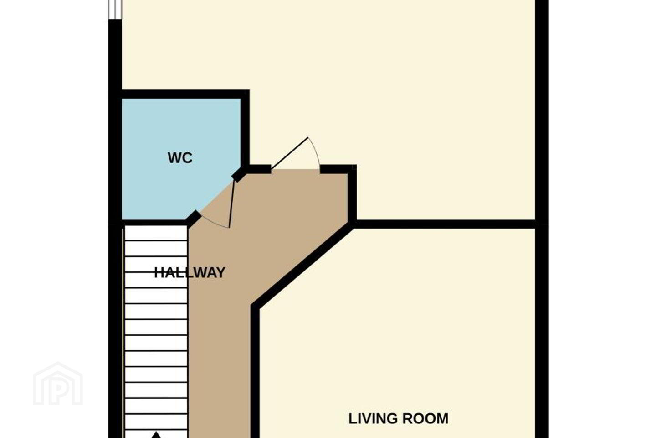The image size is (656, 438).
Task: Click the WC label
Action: pos(180,158)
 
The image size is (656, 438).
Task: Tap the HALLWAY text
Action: pos(190,272)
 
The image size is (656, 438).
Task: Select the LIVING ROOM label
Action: pos(398,418)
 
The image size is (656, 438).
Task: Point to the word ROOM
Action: pos(425,418)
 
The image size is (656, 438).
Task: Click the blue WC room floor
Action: pos(164,188)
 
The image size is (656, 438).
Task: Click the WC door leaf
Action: pos(231,204)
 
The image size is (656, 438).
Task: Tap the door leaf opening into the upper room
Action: pos(289,153)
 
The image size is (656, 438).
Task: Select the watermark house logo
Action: pos(58,384)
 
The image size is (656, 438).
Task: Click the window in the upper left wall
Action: pos(115,10)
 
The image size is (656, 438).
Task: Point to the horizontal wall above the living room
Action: pos(445,224)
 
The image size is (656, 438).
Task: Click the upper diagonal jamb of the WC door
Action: pos(238,175)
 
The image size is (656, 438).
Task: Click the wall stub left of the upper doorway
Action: pos(260,169)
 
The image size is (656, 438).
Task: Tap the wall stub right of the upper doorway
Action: pos(337,169)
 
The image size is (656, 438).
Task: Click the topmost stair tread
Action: pos(156,233)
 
